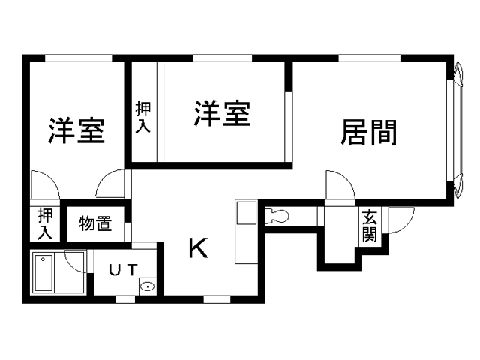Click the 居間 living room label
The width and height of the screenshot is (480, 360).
(369, 133)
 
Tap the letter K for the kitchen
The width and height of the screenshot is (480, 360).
(197, 248)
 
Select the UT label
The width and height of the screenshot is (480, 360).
(122, 270)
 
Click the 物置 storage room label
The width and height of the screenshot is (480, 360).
(95, 223)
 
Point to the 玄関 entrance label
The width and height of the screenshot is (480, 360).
(370, 226)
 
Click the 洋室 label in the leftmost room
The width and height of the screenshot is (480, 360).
(76, 130)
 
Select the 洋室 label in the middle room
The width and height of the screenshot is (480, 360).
(223, 114)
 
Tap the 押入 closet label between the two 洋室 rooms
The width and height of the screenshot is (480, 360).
(142, 117)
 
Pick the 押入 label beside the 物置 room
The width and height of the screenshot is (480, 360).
(44, 223)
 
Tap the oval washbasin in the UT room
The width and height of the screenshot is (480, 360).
(148, 286)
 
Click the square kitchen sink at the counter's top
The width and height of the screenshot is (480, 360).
(245, 213)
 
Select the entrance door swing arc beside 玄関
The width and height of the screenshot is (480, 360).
(400, 219)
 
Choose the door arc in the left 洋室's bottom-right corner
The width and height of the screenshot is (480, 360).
(112, 183)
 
